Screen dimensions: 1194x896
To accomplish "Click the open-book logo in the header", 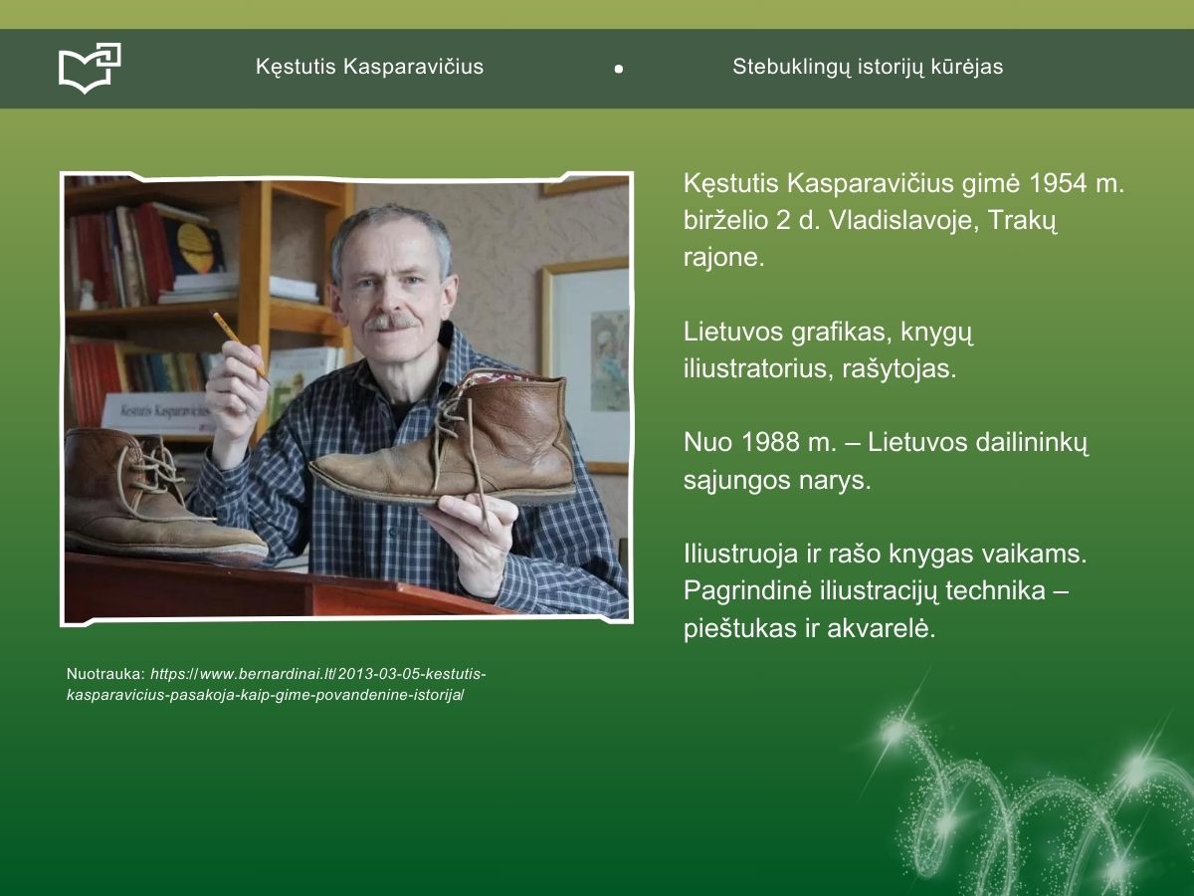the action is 90,68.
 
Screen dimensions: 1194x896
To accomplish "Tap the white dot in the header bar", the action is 619,69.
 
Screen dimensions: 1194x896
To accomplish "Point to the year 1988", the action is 768,442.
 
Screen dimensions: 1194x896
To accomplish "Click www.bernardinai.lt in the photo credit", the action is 267,674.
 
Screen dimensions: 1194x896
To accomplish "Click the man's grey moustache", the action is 391,322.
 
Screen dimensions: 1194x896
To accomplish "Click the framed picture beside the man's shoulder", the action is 586,365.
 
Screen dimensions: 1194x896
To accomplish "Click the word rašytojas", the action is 899,369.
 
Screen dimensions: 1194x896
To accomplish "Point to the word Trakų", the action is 1022,220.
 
